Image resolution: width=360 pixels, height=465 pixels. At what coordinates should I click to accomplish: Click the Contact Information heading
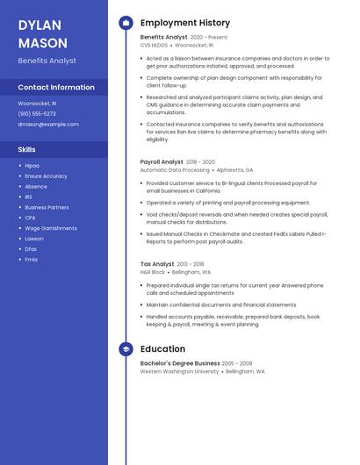click(56, 87)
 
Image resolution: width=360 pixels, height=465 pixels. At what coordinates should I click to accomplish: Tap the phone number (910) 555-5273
click(37, 113)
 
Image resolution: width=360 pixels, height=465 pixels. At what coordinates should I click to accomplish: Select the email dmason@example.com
click(48, 124)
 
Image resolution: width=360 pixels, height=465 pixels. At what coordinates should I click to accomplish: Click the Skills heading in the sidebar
click(27, 149)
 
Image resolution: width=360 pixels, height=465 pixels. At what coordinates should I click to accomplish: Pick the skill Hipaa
click(32, 165)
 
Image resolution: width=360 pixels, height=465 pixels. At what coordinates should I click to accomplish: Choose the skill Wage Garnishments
click(51, 228)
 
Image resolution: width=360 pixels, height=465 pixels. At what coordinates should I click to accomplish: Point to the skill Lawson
click(34, 239)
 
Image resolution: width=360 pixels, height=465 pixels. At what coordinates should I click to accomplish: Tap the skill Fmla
click(32, 260)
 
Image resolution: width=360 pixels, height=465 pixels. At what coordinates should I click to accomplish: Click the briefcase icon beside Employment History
click(126, 23)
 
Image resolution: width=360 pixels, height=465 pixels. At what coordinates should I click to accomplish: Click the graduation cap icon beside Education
click(126, 348)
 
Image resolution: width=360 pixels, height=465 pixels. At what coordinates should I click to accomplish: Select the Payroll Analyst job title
click(162, 162)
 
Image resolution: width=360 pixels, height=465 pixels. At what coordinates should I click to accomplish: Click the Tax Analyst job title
click(157, 264)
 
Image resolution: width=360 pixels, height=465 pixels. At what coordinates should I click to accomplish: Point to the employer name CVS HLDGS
click(154, 45)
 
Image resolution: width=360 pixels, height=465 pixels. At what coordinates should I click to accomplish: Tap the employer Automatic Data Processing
click(175, 170)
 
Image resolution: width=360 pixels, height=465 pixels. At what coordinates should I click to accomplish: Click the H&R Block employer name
click(153, 272)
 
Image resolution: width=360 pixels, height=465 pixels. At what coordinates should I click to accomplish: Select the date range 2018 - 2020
click(200, 162)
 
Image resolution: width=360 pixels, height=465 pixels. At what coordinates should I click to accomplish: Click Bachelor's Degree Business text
click(180, 363)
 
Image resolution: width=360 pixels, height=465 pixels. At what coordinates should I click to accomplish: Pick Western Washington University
click(180, 371)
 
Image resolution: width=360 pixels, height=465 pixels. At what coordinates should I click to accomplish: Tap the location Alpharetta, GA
click(234, 170)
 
